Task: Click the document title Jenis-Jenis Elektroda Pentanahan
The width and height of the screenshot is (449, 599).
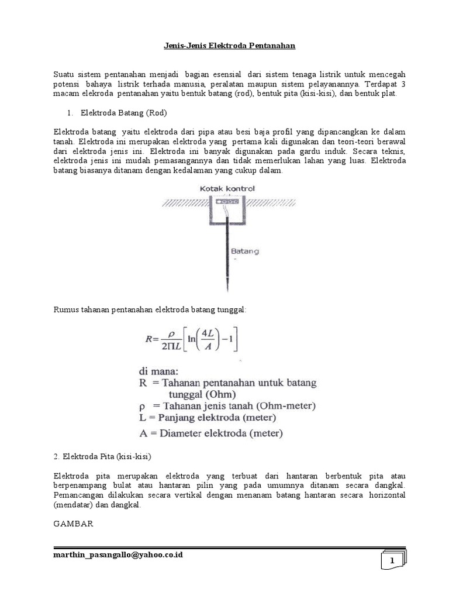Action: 224,44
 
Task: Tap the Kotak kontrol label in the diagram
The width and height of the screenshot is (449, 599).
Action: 227,189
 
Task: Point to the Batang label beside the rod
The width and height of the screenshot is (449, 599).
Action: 244,251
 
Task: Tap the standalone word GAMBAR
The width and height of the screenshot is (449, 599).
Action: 74,525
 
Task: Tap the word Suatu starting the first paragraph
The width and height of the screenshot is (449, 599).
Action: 64,75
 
